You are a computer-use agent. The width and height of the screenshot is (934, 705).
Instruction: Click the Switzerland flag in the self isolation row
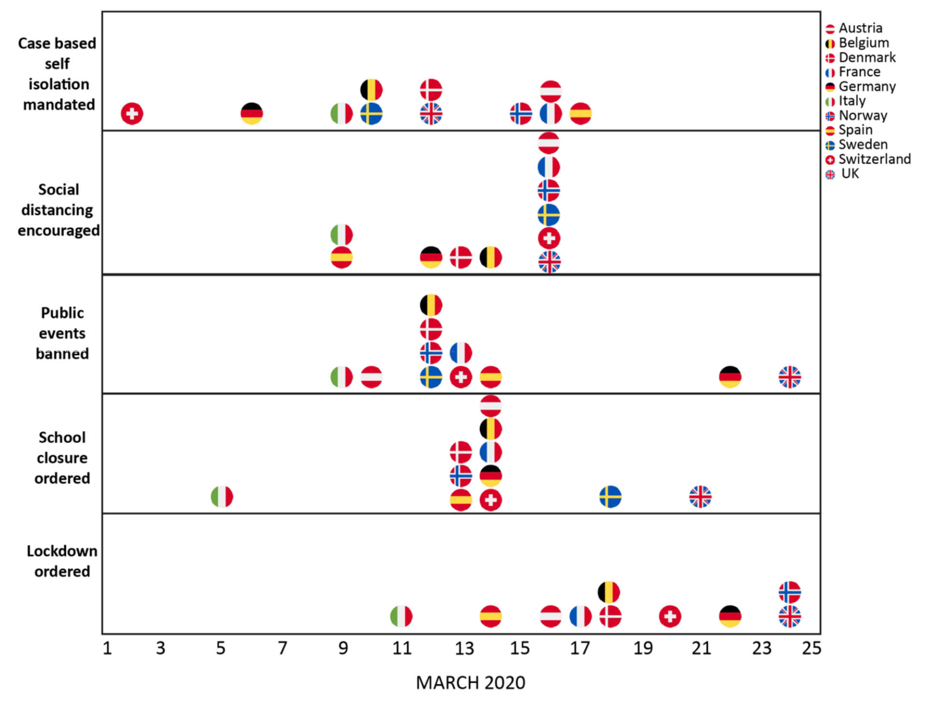click(x=132, y=114)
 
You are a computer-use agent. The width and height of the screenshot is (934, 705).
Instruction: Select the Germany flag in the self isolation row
click(x=252, y=114)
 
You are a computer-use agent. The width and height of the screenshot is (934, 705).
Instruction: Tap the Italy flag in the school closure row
click(x=222, y=496)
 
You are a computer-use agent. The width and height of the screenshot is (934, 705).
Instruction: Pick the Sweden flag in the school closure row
click(x=610, y=496)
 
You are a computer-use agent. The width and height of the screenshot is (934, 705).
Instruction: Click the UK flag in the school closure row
click(x=700, y=496)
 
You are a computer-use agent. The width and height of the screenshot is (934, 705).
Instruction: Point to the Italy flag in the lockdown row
click(x=401, y=616)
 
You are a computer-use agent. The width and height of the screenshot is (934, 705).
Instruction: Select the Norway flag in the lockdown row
click(x=790, y=592)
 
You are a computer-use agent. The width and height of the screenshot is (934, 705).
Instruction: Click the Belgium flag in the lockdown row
click(x=609, y=592)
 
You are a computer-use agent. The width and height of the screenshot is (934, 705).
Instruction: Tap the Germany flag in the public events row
click(x=730, y=377)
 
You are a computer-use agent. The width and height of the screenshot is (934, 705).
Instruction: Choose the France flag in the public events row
click(x=461, y=353)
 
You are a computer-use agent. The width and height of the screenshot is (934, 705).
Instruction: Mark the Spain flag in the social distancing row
click(x=341, y=257)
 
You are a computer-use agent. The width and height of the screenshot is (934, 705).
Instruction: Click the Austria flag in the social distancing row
click(x=549, y=143)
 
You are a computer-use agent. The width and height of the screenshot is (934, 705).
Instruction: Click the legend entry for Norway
click(x=862, y=115)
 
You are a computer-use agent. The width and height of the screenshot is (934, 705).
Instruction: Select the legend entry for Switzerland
click(x=868, y=159)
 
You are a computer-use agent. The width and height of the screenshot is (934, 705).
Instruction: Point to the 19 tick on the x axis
click(x=643, y=648)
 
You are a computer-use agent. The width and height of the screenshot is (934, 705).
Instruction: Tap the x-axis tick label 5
click(x=221, y=648)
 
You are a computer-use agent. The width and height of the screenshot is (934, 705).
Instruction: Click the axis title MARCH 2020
click(x=470, y=683)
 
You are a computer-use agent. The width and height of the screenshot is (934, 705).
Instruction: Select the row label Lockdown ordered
click(x=62, y=561)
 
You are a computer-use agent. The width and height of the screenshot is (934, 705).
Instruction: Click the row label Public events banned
click(x=62, y=333)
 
